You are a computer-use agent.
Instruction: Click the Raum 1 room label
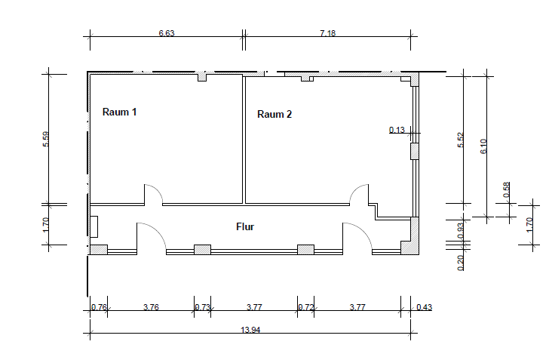[119, 112]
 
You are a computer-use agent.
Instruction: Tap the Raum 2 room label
[274, 114]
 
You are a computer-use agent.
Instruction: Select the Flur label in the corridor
[245, 227]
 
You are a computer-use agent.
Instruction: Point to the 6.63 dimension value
[167, 33]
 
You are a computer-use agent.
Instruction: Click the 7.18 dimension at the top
[328, 33]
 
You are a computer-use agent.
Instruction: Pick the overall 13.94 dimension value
[250, 330]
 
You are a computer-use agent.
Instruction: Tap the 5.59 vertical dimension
[46, 139]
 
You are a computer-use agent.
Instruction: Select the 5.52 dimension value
[461, 140]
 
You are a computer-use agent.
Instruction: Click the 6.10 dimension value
[483, 146]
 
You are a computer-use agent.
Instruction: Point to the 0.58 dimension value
[507, 189]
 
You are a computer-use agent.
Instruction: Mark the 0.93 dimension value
[461, 230]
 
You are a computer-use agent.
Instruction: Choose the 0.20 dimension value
[461, 263]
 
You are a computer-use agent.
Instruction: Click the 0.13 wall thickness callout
[397, 130]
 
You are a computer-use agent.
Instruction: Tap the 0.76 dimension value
[99, 307]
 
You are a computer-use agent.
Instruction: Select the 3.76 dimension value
[151, 307]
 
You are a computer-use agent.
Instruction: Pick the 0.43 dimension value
[425, 307]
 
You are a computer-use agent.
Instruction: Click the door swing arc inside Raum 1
[157, 190]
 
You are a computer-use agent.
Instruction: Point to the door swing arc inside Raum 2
[355, 190]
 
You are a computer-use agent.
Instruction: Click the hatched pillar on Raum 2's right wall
[415, 152]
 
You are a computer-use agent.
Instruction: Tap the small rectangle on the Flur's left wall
[94, 227]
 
